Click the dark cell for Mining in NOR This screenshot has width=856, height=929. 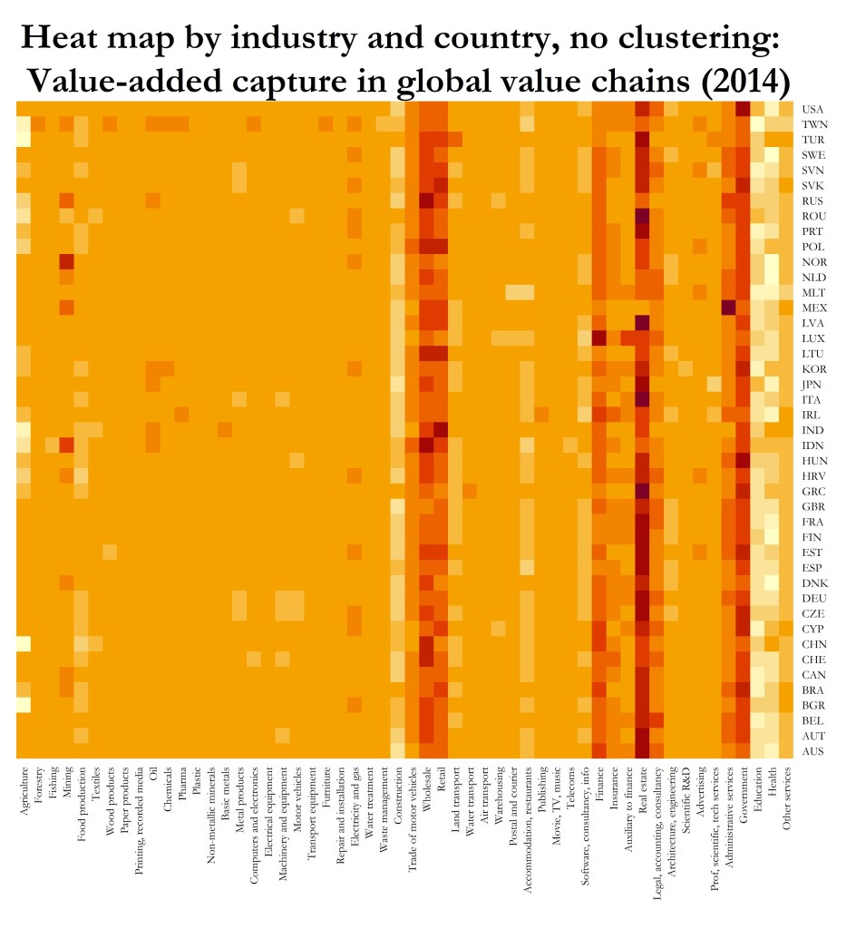click(66, 261)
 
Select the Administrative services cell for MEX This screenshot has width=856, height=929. click(727, 307)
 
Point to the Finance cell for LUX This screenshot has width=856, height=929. click(598, 337)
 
